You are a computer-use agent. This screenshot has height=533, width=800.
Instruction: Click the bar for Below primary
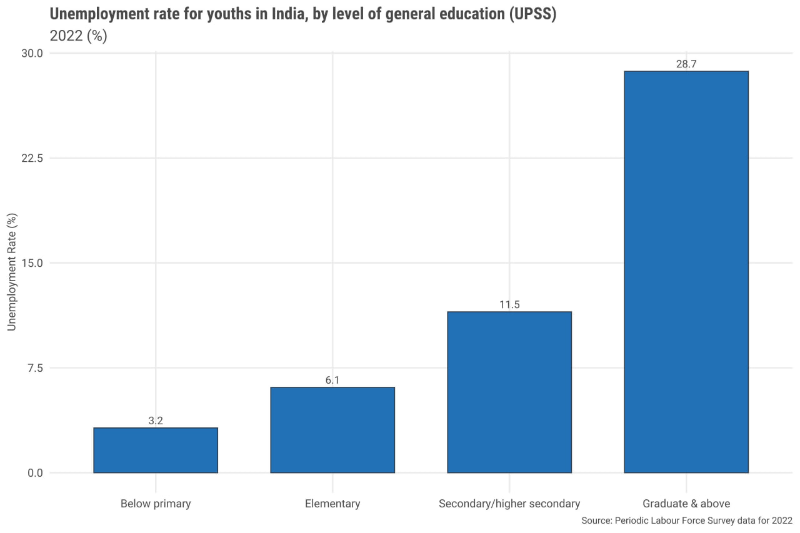point(156,450)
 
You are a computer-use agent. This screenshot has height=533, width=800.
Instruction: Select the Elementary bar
point(332,430)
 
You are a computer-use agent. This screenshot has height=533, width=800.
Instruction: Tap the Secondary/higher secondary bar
point(509,392)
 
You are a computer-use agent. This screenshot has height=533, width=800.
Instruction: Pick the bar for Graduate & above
point(686,272)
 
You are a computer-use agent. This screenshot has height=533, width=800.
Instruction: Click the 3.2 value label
point(156,421)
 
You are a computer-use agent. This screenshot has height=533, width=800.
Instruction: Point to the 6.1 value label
point(332,381)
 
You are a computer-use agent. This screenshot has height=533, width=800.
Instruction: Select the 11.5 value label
point(509,305)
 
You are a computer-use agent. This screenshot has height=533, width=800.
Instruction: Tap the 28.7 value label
point(686,64)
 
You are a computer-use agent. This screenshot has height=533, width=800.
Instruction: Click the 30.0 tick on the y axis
point(31,53)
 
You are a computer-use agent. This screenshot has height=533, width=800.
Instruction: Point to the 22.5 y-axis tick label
point(31,158)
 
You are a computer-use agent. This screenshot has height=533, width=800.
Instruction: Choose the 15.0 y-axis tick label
point(31,263)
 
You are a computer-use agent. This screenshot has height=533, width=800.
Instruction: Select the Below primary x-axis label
point(156,504)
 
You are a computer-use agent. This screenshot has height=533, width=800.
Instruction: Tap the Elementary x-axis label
point(332,504)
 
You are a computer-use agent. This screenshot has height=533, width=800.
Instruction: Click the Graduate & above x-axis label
point(686,504)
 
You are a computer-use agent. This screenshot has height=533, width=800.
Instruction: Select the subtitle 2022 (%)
point(78,36)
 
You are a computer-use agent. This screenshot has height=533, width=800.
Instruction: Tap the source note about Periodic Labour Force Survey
point(686,521)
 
